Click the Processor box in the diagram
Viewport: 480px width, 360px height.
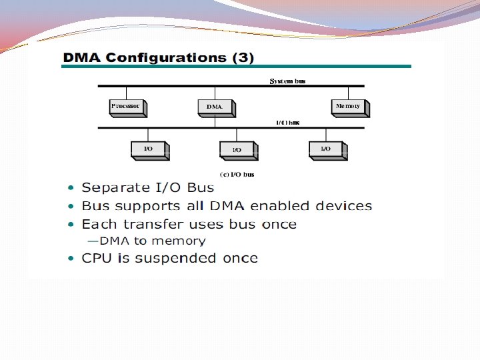[127, 107]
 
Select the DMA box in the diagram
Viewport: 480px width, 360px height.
[215, 107]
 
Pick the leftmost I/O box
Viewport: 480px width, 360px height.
[149, 149]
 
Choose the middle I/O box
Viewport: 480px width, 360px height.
[237, 150]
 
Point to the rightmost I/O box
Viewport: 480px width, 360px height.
[326, 149]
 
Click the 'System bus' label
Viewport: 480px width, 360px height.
[287, 81]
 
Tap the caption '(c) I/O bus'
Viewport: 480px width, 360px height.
[237, 175]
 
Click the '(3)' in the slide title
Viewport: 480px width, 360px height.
[242, 57]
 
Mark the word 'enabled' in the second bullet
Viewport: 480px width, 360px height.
[285, 207]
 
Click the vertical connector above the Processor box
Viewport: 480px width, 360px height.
[126, 93]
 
